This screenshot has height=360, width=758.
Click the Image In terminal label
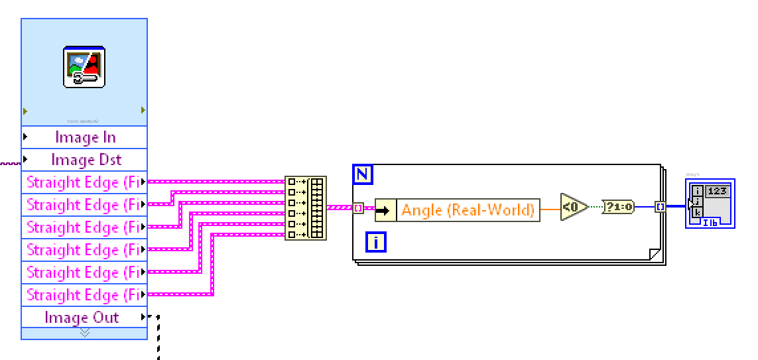pos(85,137)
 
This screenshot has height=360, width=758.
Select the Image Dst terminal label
pos(86,160)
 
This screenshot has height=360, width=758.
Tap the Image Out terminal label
pos(82,318)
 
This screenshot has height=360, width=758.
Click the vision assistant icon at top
pos(84,67)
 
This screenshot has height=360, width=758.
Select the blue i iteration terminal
pos(376,242)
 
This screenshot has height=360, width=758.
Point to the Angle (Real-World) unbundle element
pos(468,210)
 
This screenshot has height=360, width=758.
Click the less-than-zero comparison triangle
pos(572,207)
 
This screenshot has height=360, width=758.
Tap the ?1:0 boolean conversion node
pos(618,207)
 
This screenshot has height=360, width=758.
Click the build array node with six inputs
pos(306,208)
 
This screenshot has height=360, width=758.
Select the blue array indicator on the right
pos(710,203)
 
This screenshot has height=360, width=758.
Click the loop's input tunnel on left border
pos(358,208)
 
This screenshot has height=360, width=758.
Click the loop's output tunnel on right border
pos(660,207)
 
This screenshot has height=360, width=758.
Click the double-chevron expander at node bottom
pos(84,333)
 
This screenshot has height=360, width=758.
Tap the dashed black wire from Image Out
pos(158,338)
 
